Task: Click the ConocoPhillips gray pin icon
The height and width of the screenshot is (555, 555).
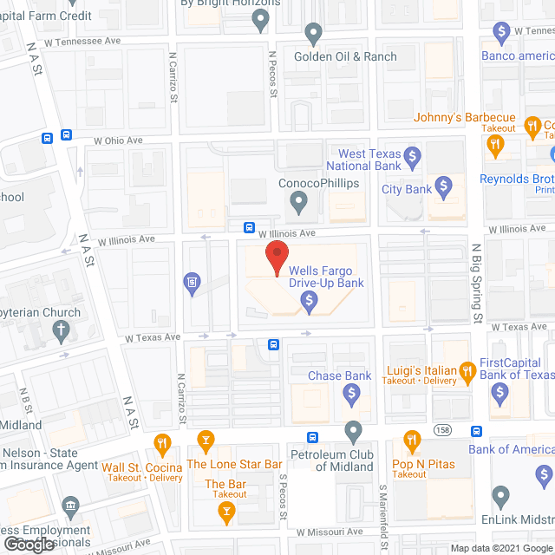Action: (298, 204)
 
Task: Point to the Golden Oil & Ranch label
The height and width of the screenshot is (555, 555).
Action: (345, 56)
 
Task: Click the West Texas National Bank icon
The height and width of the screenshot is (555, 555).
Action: (413, 158)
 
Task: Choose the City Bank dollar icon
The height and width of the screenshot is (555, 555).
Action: (444, 186)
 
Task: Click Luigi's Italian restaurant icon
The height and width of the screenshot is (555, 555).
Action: (467, 371)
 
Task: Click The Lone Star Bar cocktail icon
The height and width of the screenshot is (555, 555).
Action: (206, 442)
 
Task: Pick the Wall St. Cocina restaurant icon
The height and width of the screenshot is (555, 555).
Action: (162, 445)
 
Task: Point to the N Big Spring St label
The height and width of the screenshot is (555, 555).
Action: (476, 283)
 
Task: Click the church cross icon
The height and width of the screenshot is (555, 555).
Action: (61, 329)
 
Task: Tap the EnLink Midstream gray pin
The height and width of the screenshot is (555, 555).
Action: (500, 496)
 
